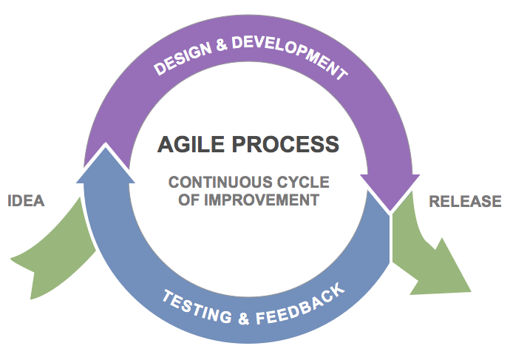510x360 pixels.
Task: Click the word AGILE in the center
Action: tap(191, 144)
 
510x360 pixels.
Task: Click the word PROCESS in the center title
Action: tap(285, 144)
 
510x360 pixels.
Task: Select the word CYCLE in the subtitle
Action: tap(303, 182)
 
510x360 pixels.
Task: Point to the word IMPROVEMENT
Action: tap(262, 200)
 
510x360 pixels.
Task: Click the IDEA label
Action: tap(26, 200)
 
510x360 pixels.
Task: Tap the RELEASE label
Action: tap(465, 201)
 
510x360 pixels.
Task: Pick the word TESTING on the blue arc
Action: tap(197, 307)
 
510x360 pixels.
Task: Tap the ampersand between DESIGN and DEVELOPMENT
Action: tap(222, 45)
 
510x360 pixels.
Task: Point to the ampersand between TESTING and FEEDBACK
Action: tap(244, 318)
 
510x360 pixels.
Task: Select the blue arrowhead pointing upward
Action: tap(106, 164)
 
